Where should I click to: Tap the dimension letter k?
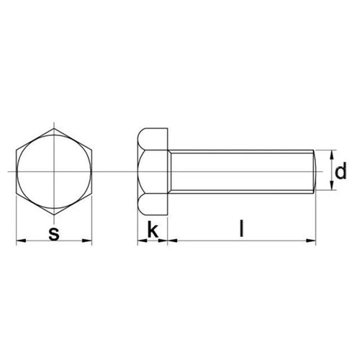click(152, 230)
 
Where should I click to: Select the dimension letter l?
click(243, 230)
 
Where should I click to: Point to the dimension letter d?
click(341, 171)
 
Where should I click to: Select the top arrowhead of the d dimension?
click(332, 153)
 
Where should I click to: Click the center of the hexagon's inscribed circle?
click(54, 171)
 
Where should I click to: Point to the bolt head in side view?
click(152, 171)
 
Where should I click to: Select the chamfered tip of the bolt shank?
click(314, 171)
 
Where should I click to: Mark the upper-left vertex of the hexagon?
click(16, 150)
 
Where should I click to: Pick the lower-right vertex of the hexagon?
click(92, 193)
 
